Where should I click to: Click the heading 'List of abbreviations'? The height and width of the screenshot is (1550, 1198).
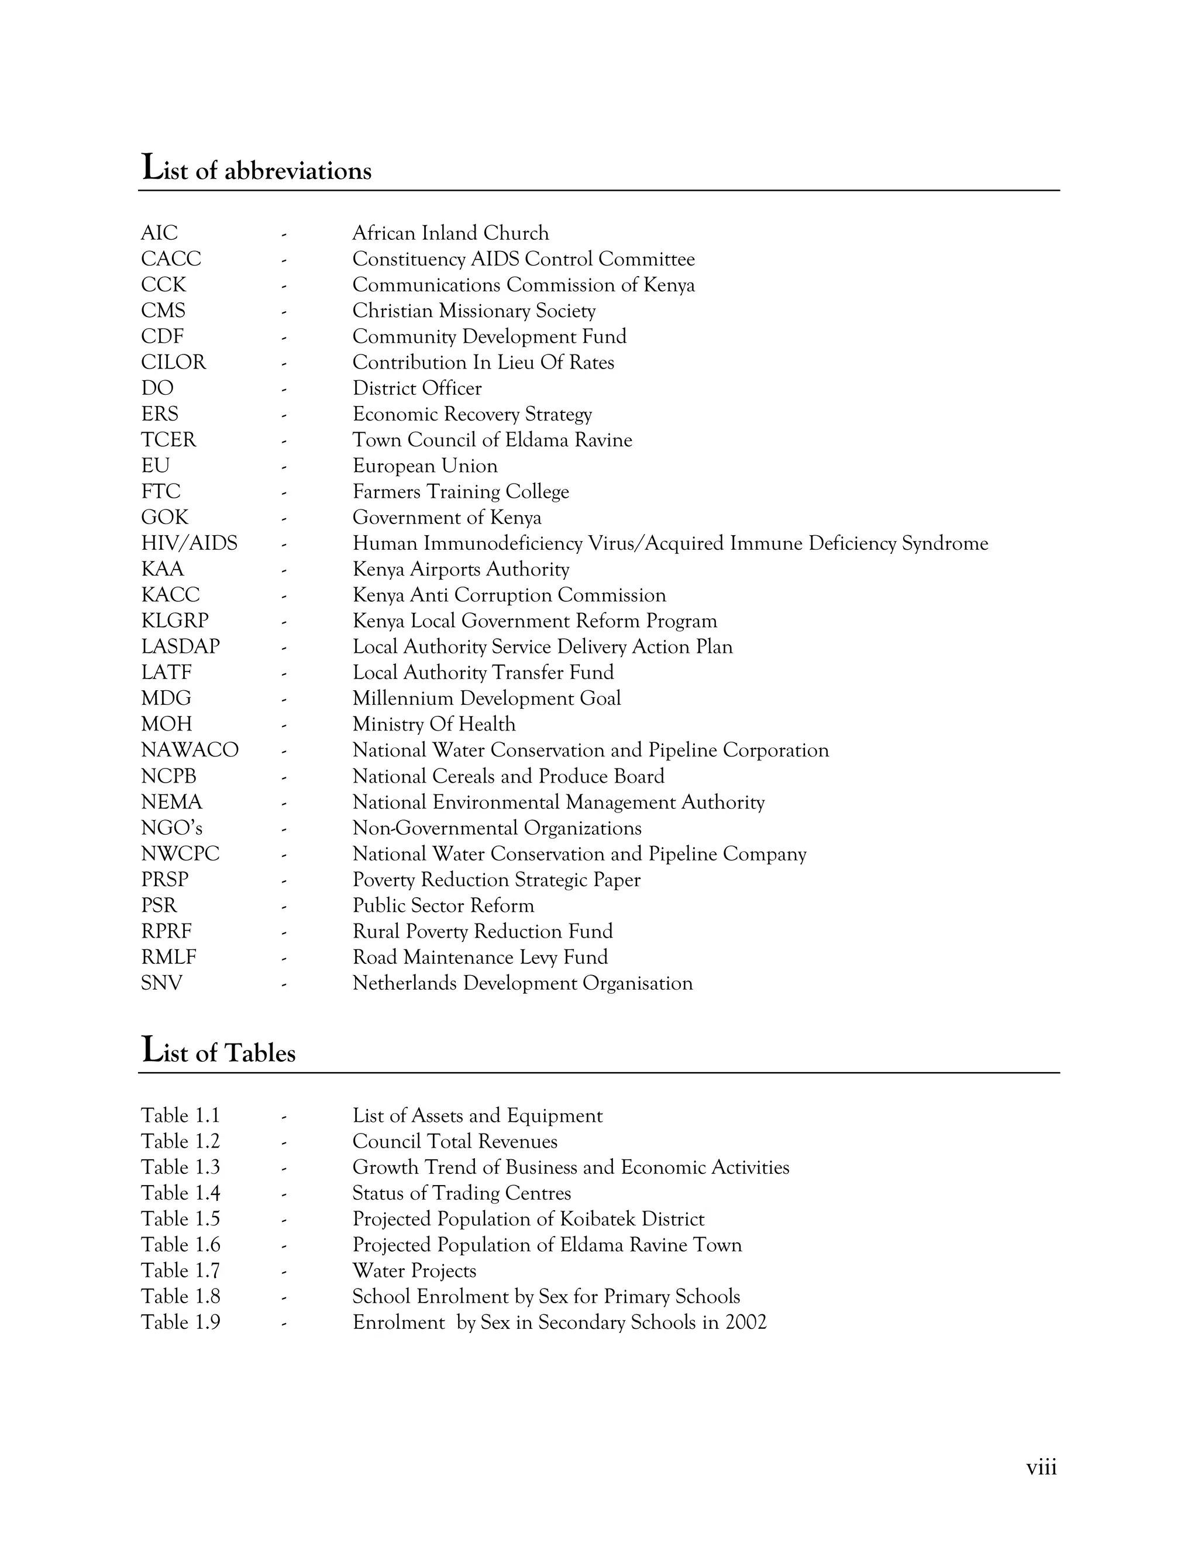(x=256, y=169)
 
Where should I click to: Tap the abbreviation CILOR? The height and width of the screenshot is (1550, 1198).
(x=173, y=362)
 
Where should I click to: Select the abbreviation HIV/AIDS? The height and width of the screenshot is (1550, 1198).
(x=189, y=543)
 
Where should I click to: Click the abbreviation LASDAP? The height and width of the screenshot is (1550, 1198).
(x=180, y=646)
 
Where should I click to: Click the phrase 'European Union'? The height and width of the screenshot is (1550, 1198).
(x=425, y=466)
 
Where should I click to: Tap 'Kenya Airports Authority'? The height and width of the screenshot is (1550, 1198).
(x=460, y=569)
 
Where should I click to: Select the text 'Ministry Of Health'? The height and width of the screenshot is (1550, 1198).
(x=433, y=724)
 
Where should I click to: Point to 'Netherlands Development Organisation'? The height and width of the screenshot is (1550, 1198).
(x=522, y=983)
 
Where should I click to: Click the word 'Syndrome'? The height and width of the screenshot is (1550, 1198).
(x=945, y=543)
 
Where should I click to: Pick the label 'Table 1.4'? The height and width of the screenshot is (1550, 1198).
(x=180, y=1193)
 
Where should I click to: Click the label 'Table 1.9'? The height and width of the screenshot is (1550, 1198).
(x=180, y=1322)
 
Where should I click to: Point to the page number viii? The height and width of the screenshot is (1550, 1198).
(x=1041, y=1467)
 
